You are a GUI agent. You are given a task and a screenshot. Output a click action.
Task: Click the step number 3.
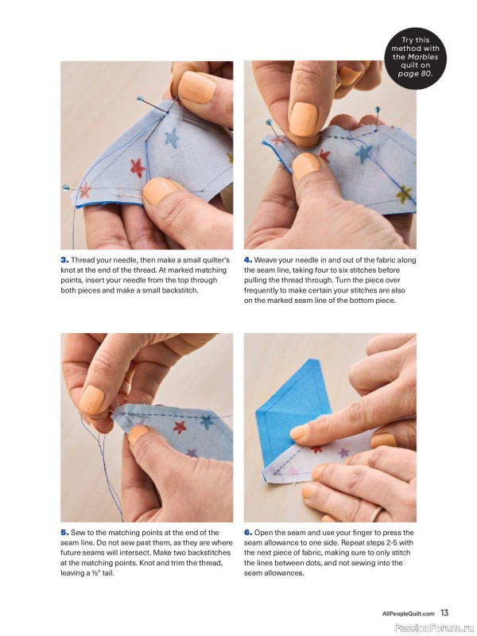coord(64,260)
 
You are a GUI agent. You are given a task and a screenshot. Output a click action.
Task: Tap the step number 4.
coord(248,260)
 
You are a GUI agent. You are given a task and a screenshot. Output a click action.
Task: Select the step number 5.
coord(64,533)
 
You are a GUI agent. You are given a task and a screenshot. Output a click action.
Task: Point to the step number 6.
coord(248,533)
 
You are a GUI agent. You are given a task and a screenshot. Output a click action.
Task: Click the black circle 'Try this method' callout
coord(415,58)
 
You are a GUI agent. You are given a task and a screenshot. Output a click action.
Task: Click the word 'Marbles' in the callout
coord(423,56)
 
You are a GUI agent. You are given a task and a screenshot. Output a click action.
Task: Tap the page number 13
coord(444,612)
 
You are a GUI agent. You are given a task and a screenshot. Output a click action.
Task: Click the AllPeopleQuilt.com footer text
coord(408,614)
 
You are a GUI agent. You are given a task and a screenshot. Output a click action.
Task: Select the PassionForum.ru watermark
coord(434,628)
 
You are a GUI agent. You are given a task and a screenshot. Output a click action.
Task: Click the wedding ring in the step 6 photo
coord(375,514)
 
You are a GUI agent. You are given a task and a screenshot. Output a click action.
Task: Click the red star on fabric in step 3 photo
coord(138,168)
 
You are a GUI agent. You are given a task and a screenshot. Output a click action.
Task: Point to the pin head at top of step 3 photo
coord(140,99)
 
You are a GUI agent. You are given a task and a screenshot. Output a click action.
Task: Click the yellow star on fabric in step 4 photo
coord(404,194)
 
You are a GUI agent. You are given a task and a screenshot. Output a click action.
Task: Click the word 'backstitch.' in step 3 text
coord(180,290)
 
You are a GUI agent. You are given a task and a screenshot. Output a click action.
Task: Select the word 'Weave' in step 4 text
coord(265,260)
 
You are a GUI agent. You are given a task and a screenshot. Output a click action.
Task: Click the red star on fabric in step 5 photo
coord(180,427)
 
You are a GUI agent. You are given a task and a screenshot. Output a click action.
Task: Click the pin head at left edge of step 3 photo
coord(65,188)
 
